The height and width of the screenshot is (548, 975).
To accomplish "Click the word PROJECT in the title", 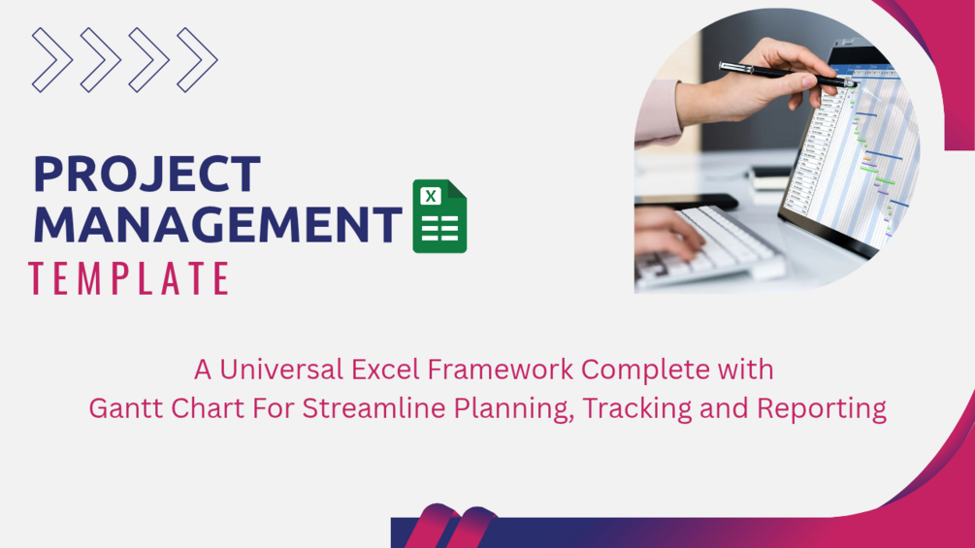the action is (146, 174).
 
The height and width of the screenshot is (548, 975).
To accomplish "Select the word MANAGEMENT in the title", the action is (217, 224).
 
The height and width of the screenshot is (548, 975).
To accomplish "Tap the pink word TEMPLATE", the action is (129, 277).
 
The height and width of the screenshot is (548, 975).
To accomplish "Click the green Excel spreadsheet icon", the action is (439, 216).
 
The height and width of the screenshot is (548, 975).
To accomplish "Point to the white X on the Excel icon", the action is (431, 196).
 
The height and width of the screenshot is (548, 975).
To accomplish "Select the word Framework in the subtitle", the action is (500, 370).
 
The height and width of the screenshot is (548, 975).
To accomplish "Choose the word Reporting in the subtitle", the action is (822, 409).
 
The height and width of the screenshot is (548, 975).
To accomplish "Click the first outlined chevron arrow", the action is (52, 60).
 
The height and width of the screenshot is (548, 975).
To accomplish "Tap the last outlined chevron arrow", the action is (197, 60).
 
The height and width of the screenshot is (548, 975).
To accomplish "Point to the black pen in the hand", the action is (787, 74).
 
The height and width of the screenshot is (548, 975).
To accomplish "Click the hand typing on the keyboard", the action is (663, 234).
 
